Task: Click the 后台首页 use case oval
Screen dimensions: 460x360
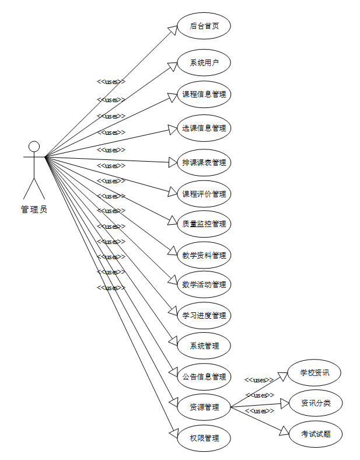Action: (204, 26)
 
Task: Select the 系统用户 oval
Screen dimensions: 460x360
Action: (204, 63)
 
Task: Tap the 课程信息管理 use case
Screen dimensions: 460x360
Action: (204, 94)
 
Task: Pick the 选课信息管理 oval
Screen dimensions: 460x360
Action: (204, 128)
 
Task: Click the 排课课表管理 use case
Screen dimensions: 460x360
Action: (204, 162)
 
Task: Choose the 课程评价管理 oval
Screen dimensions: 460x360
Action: (204, 194)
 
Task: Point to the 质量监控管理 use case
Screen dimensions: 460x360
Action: (204, 224)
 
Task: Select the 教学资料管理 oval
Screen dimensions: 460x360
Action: (204, 255)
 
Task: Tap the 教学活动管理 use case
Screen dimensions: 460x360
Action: (204, 285)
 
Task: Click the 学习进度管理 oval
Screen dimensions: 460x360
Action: (204, 316)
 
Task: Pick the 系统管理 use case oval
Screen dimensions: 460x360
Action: (204, 346)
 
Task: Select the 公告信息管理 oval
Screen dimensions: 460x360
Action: (204, 377)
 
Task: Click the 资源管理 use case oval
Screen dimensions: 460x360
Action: (204, 407)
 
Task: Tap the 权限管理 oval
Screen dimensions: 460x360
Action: (204, 438)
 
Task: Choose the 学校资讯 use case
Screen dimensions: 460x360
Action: (315, 372)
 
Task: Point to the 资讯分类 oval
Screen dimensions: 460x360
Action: (315, 403)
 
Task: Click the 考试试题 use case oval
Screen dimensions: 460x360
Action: (315, 434)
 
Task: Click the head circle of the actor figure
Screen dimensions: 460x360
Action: (34, 146)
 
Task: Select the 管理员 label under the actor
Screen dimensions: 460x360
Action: (34, 210)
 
